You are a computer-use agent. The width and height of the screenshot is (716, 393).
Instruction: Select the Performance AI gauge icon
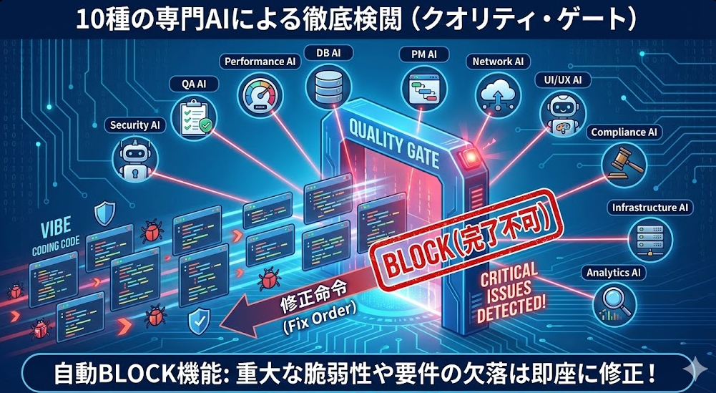(x=259, y=97)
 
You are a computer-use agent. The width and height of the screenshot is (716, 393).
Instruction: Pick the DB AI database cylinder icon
(x=327, y=87)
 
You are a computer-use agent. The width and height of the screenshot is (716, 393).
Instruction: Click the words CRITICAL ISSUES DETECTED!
(x=510, y=289)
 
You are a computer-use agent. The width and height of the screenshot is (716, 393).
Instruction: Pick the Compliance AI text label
(x=626, y=132)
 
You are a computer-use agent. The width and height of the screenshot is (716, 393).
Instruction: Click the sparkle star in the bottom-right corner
(x=692, y=370)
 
